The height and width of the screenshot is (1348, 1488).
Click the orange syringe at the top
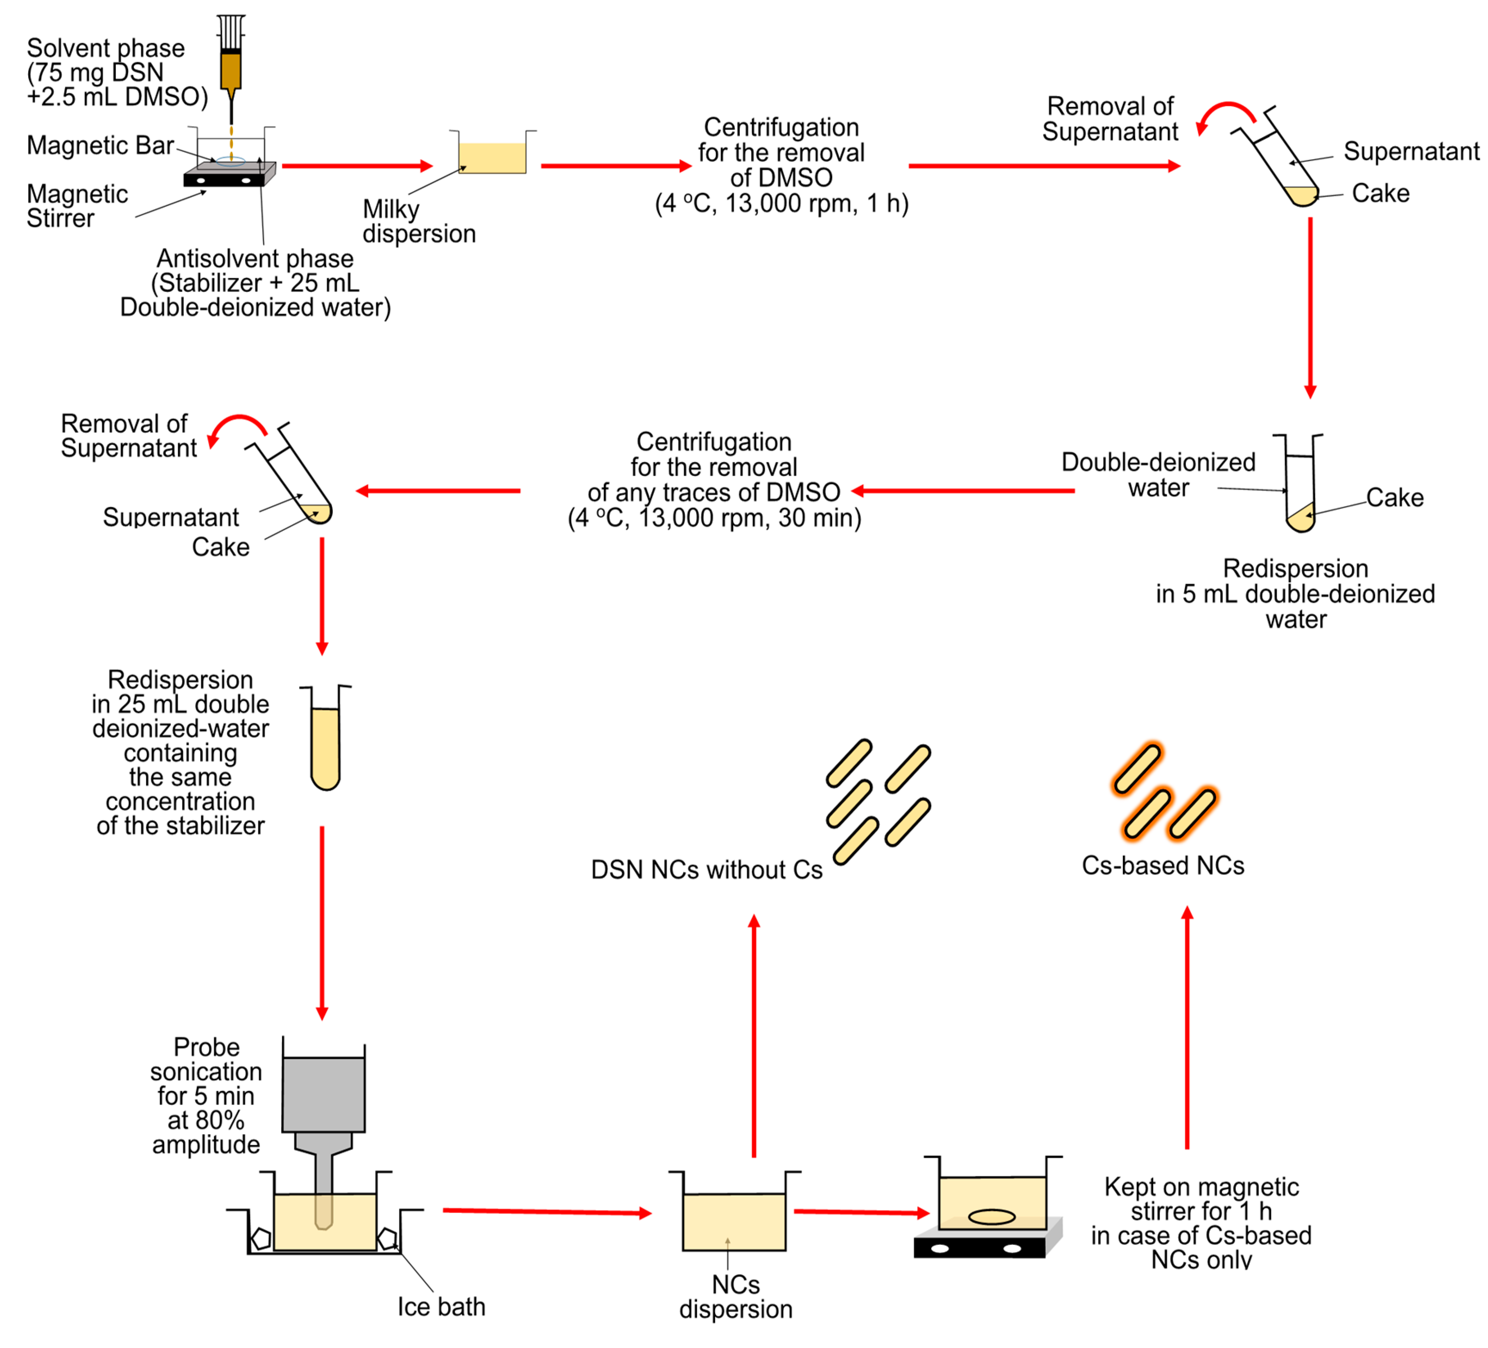(231, 70)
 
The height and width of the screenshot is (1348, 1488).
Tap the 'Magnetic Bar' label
(100, 145)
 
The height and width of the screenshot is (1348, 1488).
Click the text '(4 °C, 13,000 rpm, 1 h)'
(781, 203)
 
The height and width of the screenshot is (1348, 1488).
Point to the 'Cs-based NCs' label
(1163, 865)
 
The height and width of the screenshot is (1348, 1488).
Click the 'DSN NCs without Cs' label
(707, 869)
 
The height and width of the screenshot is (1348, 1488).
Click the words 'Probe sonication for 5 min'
(206, 1071)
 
